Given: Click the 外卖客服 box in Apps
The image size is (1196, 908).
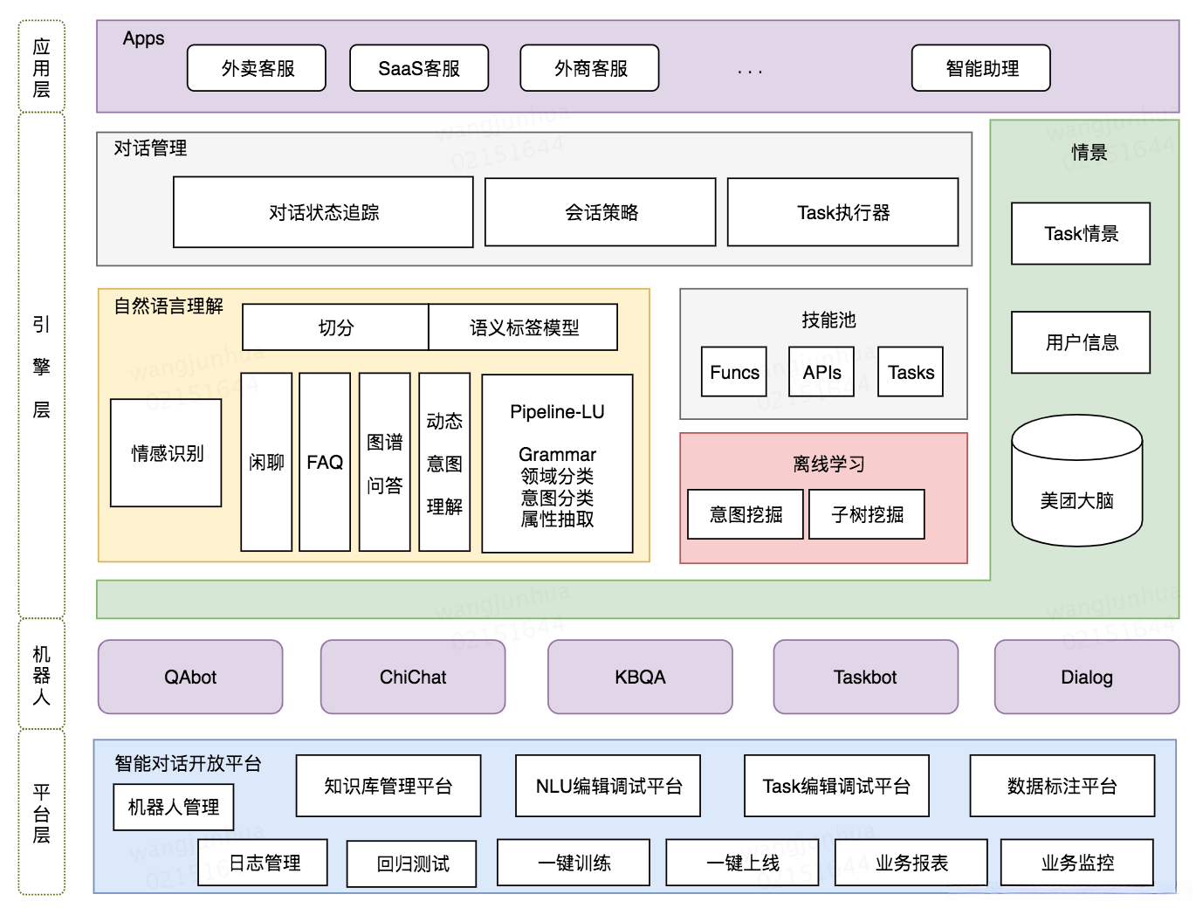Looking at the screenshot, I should [257, 68].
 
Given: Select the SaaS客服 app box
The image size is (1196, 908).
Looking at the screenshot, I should [419, 68].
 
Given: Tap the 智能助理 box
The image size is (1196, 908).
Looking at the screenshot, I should [980, 68].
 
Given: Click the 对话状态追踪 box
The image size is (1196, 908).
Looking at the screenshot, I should [323, 212].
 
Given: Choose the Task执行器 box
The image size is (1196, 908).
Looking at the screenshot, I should [842, 212].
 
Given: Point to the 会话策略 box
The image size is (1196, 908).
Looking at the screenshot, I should [601, 212].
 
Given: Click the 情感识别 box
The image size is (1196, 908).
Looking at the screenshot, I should [166, 453].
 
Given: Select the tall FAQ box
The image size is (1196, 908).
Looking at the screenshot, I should [325, 462].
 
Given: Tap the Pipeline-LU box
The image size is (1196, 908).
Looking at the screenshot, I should [557, 464].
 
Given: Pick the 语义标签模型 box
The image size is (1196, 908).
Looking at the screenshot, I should [523, 327].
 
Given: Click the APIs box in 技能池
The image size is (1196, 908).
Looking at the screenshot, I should [821, 372].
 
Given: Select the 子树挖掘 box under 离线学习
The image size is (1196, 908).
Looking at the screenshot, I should [867, 514].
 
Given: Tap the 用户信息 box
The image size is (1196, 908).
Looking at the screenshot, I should [1081, 342].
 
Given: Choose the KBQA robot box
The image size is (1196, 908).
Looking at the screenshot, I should [640, 677].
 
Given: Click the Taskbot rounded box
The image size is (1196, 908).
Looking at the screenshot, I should [865, 677].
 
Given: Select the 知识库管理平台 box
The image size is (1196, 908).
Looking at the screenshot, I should [388, 786].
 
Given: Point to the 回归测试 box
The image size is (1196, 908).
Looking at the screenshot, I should [412, 863].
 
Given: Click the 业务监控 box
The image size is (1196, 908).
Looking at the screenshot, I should [1076, 863].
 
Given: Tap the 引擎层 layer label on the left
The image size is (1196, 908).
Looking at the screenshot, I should [41, 367].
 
